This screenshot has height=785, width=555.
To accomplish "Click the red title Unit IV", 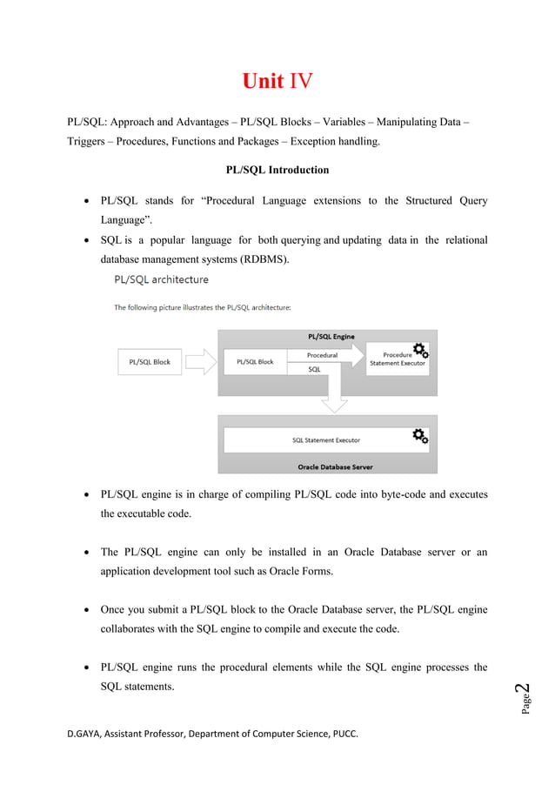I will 277,82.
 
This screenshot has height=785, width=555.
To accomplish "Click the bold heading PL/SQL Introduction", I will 277,170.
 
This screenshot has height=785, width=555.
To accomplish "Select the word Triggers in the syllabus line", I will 88,142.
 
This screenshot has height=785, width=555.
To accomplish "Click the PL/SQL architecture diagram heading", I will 162,280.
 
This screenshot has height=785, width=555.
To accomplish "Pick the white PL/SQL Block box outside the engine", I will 150,362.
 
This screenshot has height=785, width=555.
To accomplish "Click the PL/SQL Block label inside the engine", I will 255,362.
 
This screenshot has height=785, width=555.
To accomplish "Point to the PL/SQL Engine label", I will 331,336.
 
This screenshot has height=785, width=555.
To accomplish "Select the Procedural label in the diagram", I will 322,355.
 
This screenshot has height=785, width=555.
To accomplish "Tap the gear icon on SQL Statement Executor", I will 420,435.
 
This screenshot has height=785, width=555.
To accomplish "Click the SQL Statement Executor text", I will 326,440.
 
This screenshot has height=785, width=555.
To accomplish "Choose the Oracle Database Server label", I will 335,466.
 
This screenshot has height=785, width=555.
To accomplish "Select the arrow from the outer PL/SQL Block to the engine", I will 200,362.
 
